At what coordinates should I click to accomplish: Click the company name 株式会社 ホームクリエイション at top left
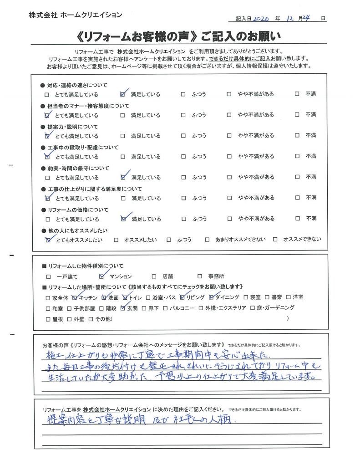click(x=75, y=15)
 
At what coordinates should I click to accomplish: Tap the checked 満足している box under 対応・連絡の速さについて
click(x=123, y=95)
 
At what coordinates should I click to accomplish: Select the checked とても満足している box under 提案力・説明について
click(x=47, y=136)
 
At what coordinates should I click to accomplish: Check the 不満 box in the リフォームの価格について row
click(x=297, y=219)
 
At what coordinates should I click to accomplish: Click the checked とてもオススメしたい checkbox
click(x=48, y=240)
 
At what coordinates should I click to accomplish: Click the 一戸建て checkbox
click(x=48, y=276)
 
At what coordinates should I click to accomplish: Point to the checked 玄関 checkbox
click(x=124, y=308)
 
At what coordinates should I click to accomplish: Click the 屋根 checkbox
click(x=48, y=319)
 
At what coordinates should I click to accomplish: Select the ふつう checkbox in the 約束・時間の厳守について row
click(x=183, y=178)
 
